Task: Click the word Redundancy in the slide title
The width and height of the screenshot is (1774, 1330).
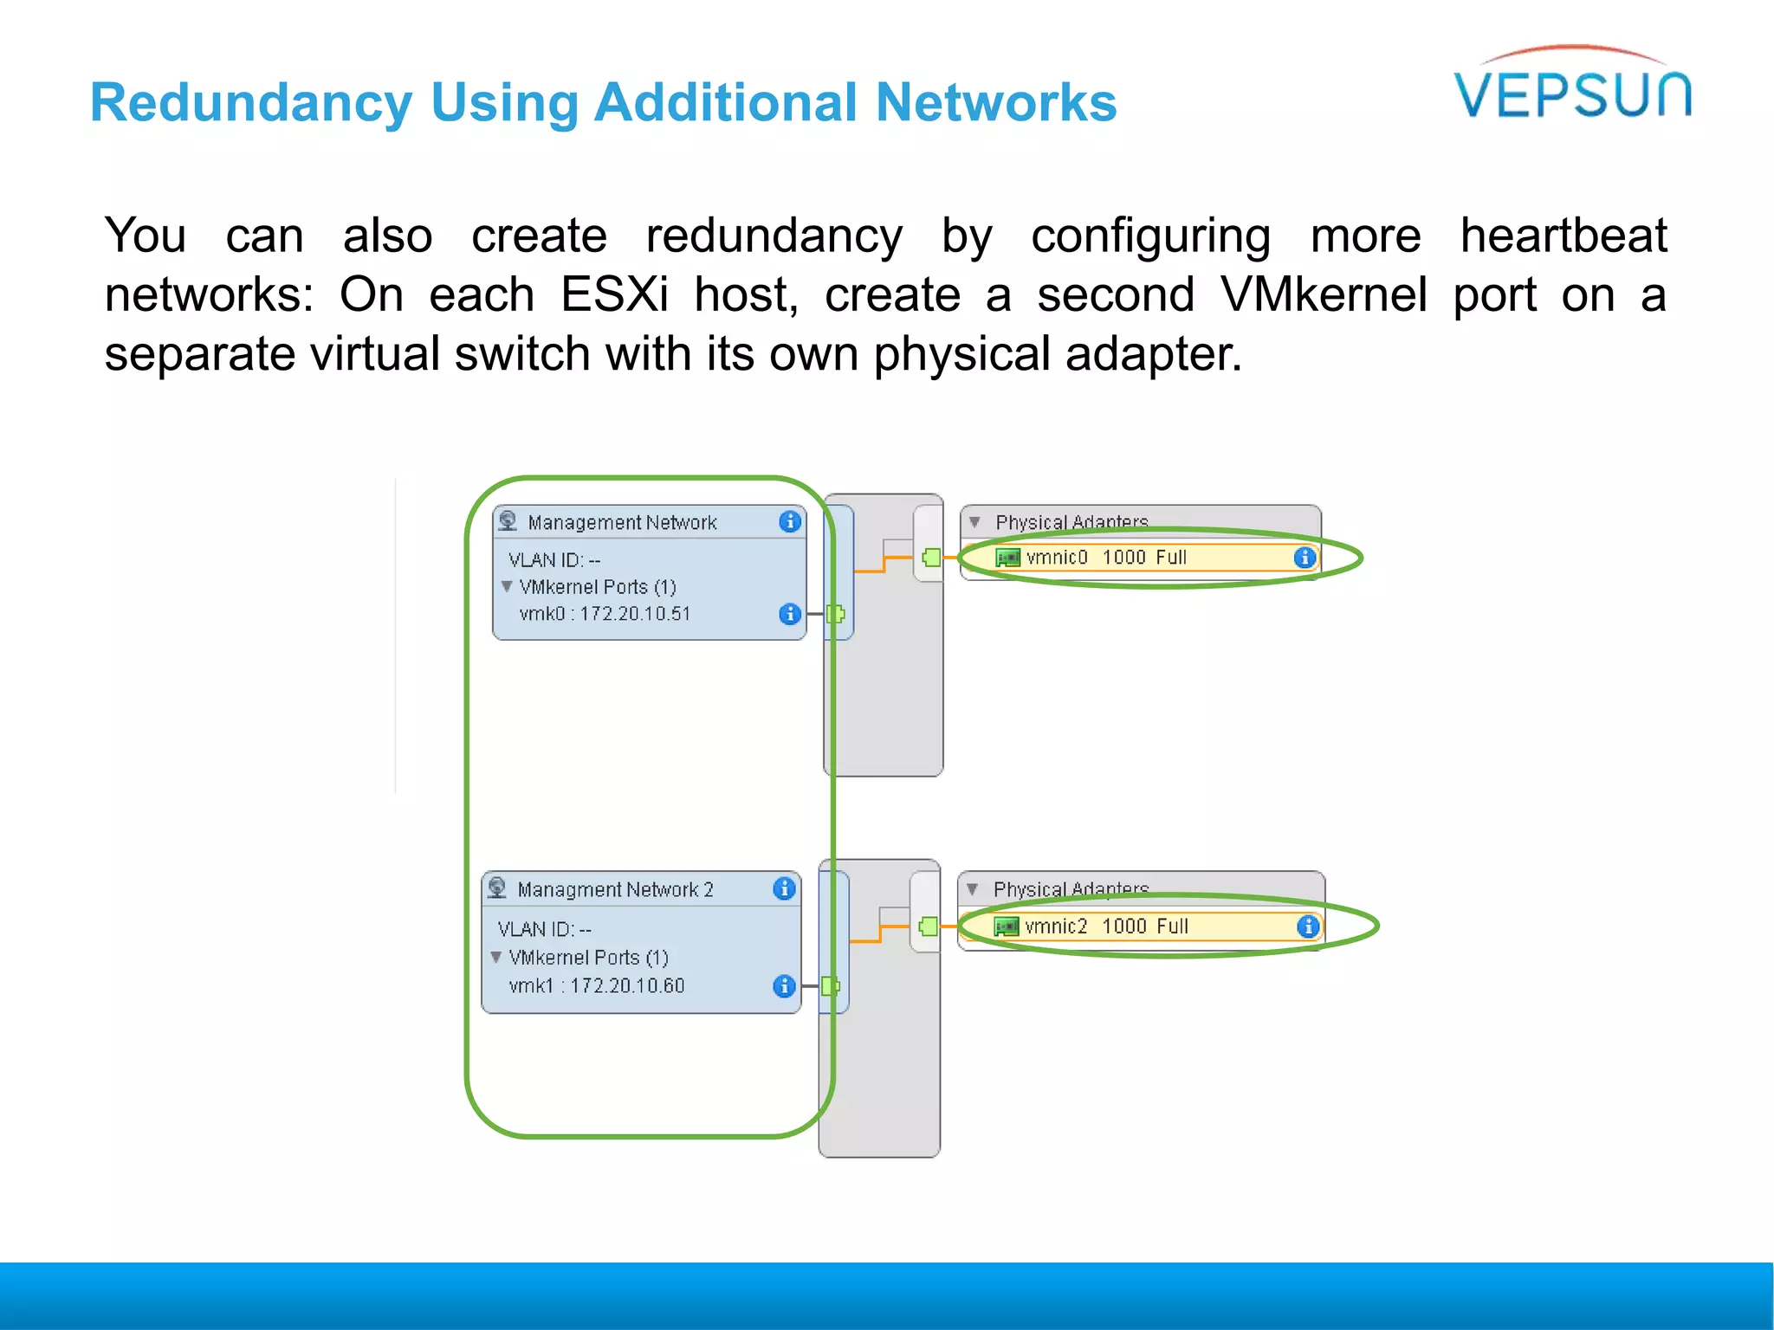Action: coord(251,102)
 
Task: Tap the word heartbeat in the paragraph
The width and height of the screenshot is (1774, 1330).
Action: coord(1563,236)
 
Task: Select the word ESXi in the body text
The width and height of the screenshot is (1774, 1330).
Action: coord(614,294)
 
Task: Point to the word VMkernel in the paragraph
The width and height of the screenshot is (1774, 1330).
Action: coord(1323,294)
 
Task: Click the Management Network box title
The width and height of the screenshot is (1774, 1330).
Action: coord(622,523)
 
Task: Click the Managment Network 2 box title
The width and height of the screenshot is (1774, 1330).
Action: coord(615,890)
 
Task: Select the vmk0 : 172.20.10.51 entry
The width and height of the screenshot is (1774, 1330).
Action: coord(605,614)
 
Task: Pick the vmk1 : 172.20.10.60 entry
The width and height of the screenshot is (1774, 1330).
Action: coord(597,986)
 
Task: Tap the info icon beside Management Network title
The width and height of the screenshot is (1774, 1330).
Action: coord(789,521)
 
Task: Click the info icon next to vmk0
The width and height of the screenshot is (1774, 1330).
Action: coord(789,614)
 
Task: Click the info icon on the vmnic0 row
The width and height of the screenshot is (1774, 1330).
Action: coord(1305,558)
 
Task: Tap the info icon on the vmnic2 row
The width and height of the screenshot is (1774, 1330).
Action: coord(1307,926)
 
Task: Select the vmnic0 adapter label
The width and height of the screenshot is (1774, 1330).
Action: coord(1056,558)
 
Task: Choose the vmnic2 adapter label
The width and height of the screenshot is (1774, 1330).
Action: coord(1055,926)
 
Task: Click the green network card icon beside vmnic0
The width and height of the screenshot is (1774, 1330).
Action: coord(1007,558)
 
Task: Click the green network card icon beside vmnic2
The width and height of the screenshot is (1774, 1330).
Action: coord(1006,926)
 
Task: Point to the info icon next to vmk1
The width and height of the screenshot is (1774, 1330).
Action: coord(784,986)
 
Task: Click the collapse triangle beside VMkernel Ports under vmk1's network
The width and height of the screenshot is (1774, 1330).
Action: coord(496,957)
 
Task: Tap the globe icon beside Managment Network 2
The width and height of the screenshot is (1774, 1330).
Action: coord(497,888)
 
